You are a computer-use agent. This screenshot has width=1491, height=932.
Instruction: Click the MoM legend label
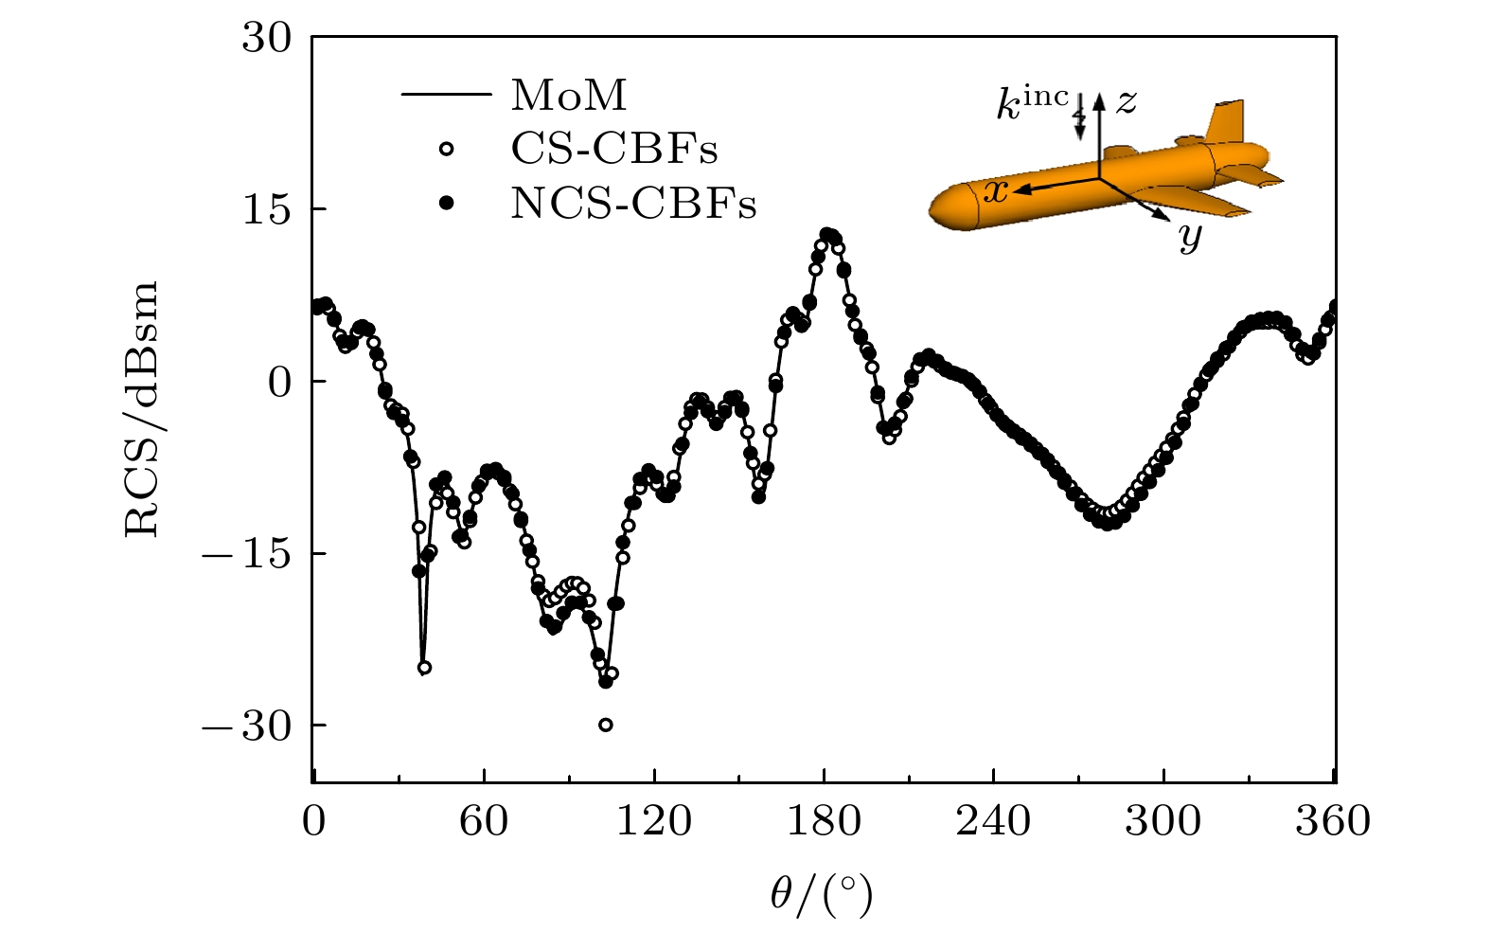pos(568,96)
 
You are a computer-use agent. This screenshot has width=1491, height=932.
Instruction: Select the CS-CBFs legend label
pos(614,149)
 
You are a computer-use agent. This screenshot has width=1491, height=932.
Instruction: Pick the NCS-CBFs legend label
pos(633,203)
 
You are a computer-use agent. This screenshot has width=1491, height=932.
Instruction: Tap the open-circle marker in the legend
pos(447,149)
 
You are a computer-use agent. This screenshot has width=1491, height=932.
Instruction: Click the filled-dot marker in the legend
pos(447,203)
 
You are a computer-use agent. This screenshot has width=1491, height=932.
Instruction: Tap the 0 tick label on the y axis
pos(280,382)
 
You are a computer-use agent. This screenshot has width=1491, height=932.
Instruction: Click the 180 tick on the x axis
pos(824,820)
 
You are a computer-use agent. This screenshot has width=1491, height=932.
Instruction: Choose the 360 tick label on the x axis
pos(1333,820)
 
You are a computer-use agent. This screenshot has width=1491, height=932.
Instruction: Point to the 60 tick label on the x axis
pos(484,820)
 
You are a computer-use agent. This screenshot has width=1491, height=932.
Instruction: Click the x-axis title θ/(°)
pos(820,893)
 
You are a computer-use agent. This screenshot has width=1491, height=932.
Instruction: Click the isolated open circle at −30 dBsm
pos(606,725)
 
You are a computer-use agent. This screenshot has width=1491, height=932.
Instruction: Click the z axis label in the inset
pos(1126,101)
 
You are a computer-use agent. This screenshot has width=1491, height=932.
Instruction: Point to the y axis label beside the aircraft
pos(1190,237)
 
